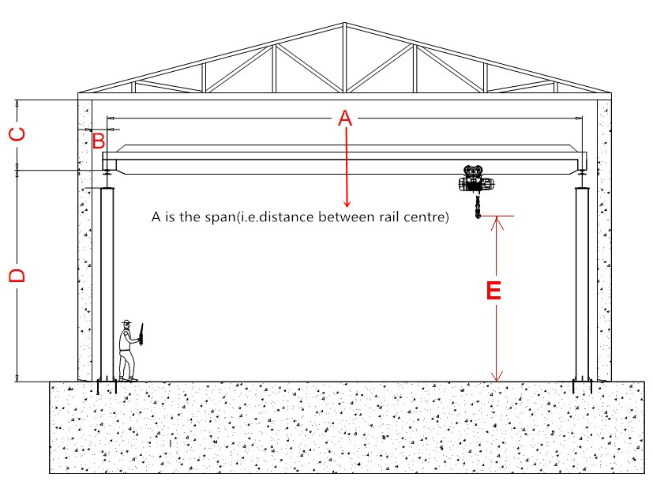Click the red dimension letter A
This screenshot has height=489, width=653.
pos(344,119)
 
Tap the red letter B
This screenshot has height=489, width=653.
pos(99,142)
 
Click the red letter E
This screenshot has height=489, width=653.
pos(493,291)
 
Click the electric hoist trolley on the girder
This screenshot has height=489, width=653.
pos(476,182)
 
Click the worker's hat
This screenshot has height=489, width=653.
pos(126,322)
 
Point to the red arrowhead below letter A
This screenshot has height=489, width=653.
pos(344,203)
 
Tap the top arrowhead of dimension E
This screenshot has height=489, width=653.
pos(496,222)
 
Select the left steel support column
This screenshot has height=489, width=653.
pos(107,284)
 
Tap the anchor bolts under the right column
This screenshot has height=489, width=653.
pos(583,387)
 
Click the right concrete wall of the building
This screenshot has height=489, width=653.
pos(604,237)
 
